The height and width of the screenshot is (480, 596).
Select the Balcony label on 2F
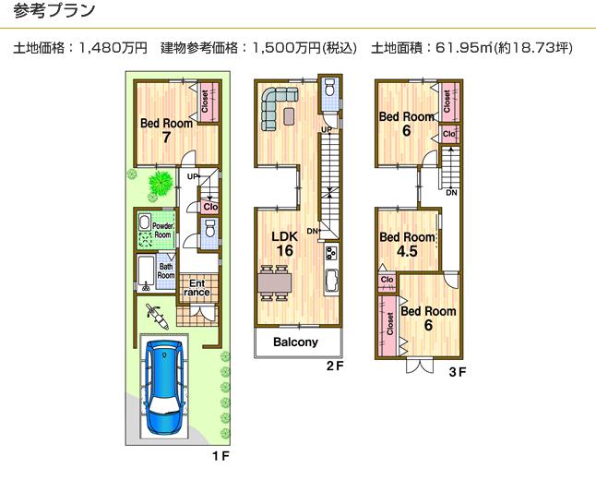coord(296,342)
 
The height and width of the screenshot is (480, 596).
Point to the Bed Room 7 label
coord(166,130)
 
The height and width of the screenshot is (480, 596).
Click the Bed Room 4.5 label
coord(407,244)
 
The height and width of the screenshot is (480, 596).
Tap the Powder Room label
coord(163,230)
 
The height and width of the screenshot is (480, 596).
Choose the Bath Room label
coord(165,270)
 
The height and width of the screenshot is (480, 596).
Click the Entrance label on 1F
coord(197,288)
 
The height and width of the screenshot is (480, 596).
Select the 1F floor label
coord(220,456)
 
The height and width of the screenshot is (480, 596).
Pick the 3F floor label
coord(457,373)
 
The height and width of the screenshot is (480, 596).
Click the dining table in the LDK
coord(273,282)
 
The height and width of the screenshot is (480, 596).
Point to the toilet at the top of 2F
coord(330,90)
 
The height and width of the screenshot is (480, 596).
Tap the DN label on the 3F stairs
coord(450,193)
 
